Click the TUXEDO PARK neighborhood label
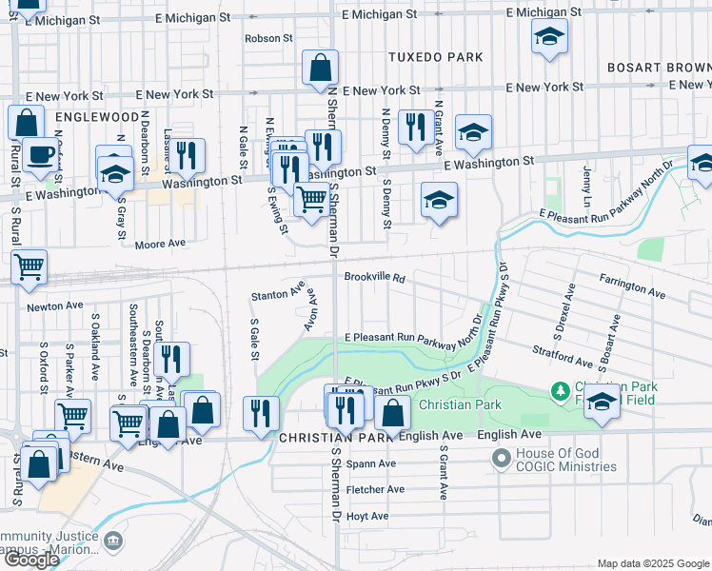tap(436, 57)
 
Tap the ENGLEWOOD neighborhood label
tap(97, 117)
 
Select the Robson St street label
tap(268, 39)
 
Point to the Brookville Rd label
tap(375, 279)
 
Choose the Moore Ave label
tap(160, 244)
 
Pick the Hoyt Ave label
tap(367, 516)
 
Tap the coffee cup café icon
tap(40, 154)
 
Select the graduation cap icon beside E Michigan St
tap(548, 38)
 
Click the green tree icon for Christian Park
tap(562, 391)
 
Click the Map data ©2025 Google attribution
tap(653, 563)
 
